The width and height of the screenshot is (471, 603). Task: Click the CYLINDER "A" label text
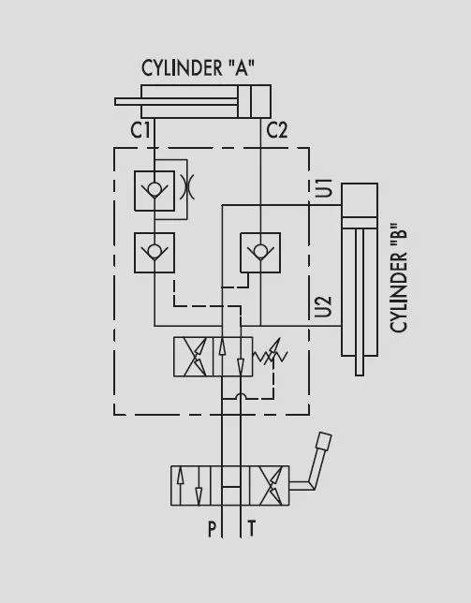tap(198, 68)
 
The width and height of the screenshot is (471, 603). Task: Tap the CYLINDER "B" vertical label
tap(398, 277)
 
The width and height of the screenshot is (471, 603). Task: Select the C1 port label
tap(140, 130)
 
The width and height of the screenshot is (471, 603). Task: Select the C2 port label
tap(277, 130)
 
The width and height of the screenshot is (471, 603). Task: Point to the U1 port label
tap(324, 188)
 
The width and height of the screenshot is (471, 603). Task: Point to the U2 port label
tap(324, 307)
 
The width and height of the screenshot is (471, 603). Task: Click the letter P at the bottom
tap(212, 529)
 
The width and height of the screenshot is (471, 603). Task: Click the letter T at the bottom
tap(252, 528)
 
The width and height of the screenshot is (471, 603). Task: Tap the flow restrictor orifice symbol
tap(187, 186)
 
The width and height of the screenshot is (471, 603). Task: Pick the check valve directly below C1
tap(155, 191)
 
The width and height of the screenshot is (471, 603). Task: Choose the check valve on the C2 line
tap(260, 253)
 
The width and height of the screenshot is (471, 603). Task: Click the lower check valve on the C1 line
tap(155, 253)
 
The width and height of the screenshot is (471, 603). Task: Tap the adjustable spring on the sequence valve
tap(271, 355)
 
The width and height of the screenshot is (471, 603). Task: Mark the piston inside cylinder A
tap(244, 101)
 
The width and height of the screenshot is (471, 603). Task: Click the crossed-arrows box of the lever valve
tap(269, 485)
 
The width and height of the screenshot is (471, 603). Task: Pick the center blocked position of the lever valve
tap(230, 485)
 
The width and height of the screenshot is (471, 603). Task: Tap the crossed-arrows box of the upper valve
tap(194, 357)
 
